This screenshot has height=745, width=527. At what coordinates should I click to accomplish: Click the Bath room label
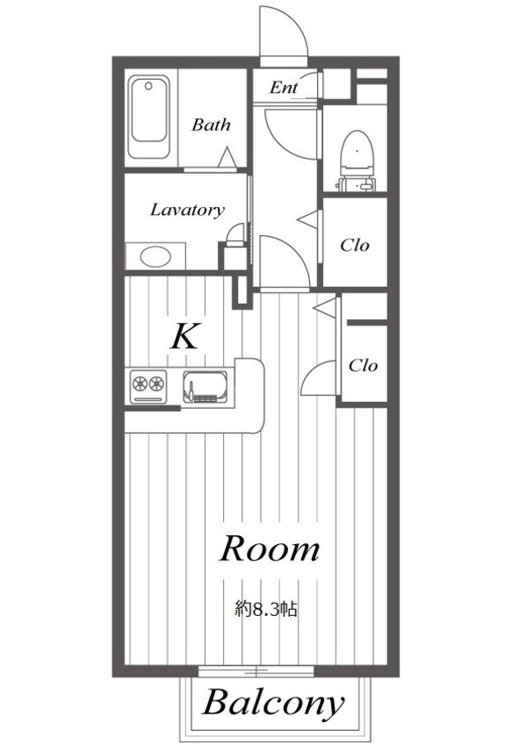pos(211,125)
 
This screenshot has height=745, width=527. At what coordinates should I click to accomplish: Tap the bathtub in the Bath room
pos(148,117)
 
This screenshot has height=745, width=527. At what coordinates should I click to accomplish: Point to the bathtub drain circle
pos(148,86)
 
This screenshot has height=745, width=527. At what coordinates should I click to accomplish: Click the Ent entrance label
pos(284,88)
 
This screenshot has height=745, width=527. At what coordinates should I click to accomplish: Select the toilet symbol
pos(357,161)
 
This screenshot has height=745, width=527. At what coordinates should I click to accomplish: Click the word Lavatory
pos(187,210)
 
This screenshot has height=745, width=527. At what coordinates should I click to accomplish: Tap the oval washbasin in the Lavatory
pos(155,257)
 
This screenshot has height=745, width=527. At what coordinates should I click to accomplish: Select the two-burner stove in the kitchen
pos(148,387)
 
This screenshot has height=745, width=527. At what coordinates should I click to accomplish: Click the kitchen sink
pos(206,386)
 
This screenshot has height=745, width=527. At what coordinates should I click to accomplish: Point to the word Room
pos(269,548)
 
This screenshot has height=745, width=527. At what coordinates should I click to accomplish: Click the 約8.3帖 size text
pos(266,609)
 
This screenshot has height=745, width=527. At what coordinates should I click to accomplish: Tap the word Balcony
pos(273,704)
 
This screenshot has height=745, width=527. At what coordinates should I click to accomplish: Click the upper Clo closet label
pos(355,245)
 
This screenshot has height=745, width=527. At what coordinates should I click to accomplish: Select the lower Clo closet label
pos(364,365)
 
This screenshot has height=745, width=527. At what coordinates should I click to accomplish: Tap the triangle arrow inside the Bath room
pos(227,157)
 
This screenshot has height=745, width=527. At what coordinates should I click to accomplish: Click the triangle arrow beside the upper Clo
pos(307,219)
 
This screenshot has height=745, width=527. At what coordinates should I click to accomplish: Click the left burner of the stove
pos(141,383)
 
